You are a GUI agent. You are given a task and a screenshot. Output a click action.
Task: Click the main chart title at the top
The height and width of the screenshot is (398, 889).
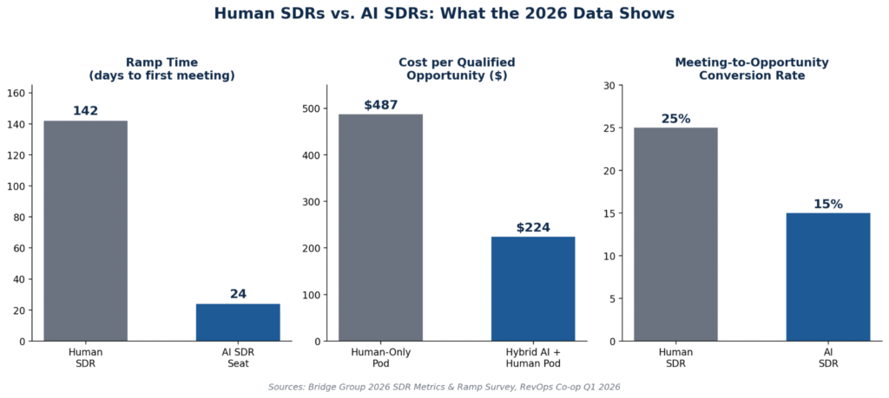point(444,14)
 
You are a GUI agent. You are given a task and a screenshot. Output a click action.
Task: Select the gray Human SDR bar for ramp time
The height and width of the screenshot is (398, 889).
point(86,231)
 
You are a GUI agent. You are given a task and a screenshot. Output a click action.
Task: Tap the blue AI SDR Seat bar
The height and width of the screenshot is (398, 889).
point(238,323)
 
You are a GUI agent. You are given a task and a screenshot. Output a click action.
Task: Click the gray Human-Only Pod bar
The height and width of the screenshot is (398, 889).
point(380,227)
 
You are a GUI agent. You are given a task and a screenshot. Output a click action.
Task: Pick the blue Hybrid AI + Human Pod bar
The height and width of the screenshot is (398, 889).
point(533,289)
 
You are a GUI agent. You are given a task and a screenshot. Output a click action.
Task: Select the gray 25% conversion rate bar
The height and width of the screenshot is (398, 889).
point(675,234)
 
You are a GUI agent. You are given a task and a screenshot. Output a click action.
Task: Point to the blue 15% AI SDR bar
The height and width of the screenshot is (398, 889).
point(828,277)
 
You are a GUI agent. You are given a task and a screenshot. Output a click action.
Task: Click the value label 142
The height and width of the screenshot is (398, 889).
point(86,111)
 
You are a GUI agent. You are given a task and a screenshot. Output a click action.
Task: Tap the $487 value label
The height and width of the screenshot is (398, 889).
point(380,105)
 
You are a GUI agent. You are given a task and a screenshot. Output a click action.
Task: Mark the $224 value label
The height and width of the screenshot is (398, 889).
point(533,227)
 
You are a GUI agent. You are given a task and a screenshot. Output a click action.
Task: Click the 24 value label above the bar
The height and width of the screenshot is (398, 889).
point(238,295)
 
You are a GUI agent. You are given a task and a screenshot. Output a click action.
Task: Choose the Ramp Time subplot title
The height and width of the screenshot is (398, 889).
point(162,69)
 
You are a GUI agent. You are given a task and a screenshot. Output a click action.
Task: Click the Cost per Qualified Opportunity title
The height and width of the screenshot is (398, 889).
point(457,69)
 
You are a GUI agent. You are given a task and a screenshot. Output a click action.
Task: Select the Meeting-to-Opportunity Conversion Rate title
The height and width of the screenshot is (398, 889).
point(752,69)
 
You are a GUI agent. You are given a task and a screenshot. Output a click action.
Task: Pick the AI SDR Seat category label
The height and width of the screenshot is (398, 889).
point(238,357)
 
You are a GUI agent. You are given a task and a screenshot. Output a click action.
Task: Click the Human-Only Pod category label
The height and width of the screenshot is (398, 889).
point(380,357)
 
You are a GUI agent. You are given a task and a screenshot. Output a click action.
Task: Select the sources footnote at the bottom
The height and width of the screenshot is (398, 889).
point(444,388)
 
